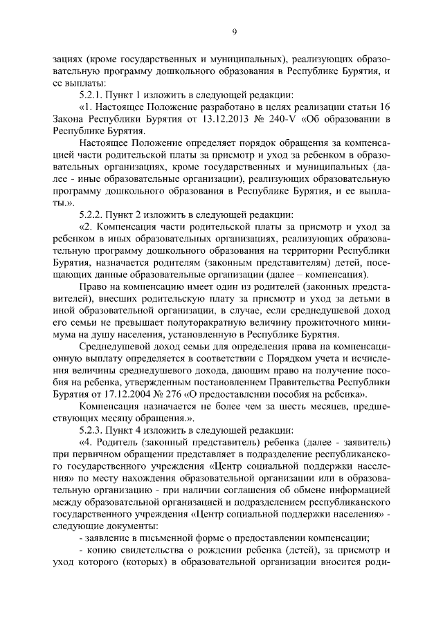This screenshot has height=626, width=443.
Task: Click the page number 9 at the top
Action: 235,31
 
